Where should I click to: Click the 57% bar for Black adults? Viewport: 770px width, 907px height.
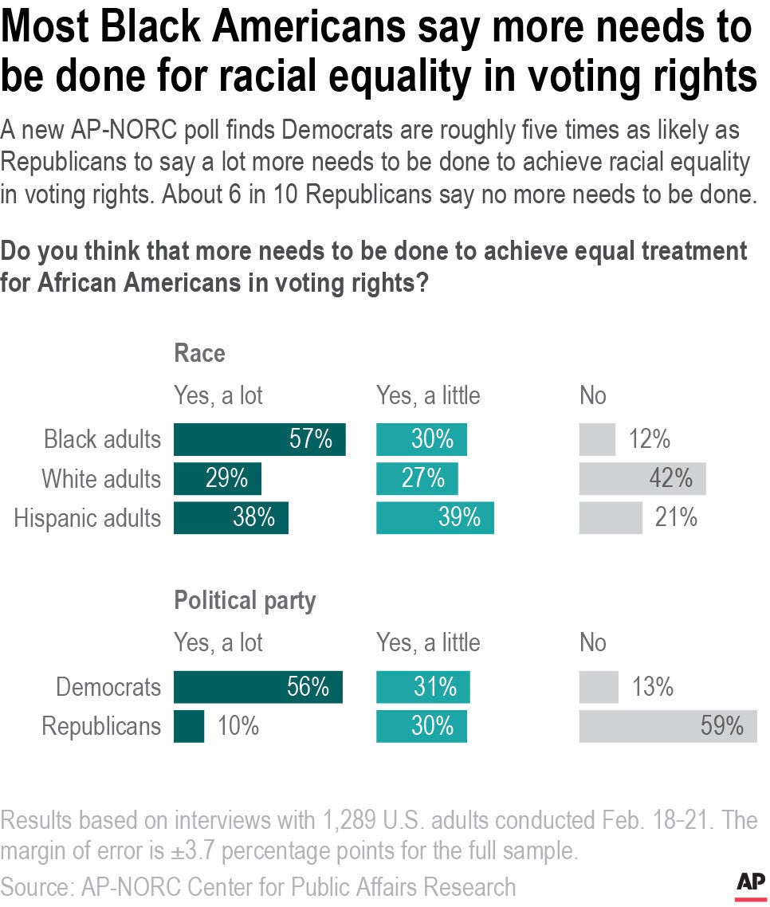click(x=259, y=439)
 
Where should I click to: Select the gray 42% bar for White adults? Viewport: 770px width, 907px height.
click(x=642, y=478)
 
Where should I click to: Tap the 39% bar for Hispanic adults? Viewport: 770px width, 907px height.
click(x=434, y=517)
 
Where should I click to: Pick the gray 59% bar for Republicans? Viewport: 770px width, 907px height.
click(x=667, y=726)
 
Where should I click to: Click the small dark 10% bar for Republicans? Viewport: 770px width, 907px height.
click(x=189, y=726)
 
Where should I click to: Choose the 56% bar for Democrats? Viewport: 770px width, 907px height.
click(x=257, y=687)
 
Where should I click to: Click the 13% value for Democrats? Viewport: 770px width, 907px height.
click(x=653, y=687)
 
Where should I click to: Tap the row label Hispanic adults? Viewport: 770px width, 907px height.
click(x=87, y=517)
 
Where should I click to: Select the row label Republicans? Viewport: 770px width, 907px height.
click(x=100, y=726)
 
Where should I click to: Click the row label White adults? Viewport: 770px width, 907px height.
click(x=100, y=478)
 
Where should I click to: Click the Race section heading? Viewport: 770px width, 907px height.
click(x=199, y=353)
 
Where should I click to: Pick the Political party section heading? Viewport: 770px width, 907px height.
click(x=245, y=601)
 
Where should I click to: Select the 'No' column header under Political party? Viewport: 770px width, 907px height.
click(x=592, y=642)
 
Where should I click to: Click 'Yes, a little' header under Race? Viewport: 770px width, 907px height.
click(x=428, y=395)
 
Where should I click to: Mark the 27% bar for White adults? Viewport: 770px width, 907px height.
click(x=416, y=478)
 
